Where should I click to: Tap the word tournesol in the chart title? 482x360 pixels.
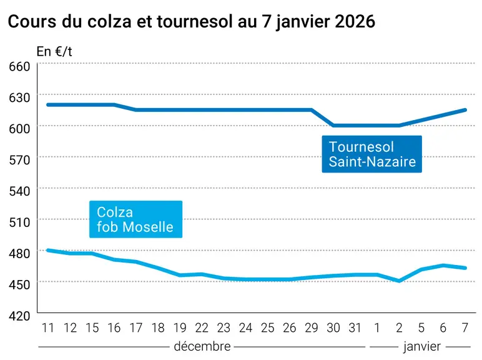(195, 21)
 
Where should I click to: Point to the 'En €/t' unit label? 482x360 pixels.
(54, 51)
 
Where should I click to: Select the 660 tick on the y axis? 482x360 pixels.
(19, 66)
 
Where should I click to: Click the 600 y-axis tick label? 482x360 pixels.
(19, 128)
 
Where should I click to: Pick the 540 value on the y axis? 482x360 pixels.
(19, 191)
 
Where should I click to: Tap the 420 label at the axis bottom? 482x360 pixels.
(19, 316)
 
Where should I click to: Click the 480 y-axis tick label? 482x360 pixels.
(19, 253)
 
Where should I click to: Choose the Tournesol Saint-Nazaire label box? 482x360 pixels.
(371, 154)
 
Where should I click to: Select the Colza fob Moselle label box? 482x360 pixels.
(135, 219)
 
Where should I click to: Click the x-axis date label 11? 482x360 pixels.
(48, 328)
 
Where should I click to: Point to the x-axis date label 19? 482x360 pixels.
(180, 328)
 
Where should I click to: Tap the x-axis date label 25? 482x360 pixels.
(267, 328)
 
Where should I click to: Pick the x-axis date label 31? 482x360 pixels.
(355, 328)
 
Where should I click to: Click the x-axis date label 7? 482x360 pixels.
(465, 328)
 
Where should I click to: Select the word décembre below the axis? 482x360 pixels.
(202, 346)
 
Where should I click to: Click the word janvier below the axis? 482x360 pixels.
(422, 347)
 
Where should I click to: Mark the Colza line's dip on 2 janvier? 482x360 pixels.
(399, 281)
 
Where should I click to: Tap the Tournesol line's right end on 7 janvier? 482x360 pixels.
(465, 110)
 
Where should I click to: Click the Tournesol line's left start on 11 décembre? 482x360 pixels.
(48, 104)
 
